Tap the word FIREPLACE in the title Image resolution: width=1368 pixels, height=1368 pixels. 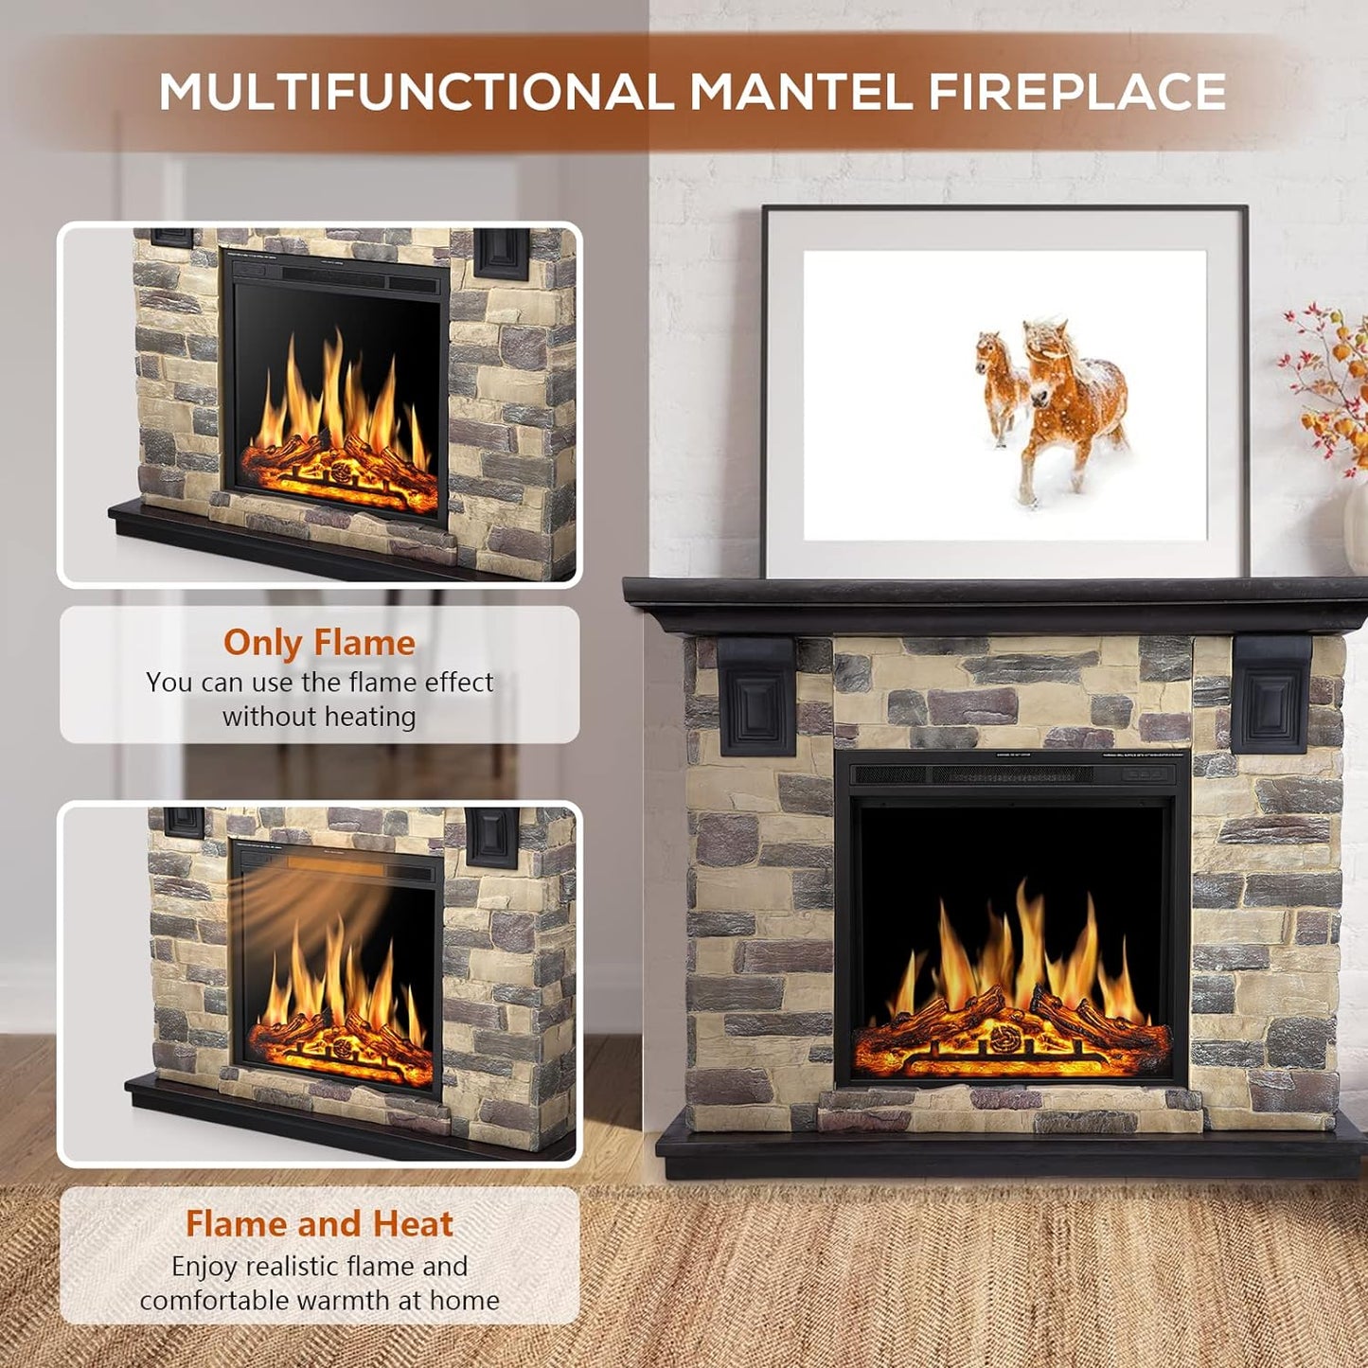click(1076, 92)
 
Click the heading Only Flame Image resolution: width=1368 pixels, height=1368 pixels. click(319, 643)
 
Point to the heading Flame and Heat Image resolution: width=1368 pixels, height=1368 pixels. click(319, 1223)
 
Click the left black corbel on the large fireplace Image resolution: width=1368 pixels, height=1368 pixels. click(757, 696)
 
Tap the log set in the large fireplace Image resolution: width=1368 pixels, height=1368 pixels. click(1011, 1032)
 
